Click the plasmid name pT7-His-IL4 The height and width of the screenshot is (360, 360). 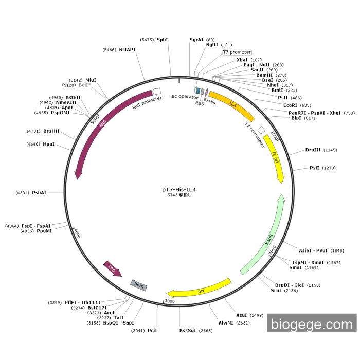178,189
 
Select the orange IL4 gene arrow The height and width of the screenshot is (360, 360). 232,105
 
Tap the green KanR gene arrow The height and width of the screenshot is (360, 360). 267,240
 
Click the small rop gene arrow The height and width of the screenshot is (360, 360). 112,268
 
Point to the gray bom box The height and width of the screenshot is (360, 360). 139,284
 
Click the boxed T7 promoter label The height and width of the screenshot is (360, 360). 237,52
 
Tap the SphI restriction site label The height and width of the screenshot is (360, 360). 162,39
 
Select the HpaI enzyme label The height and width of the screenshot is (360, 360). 48,144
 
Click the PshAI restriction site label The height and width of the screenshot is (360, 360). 39,193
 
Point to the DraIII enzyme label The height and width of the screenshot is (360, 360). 313,150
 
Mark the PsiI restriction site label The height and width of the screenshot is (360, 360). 314,168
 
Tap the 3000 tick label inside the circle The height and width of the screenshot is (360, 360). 169,301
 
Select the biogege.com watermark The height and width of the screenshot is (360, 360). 312,324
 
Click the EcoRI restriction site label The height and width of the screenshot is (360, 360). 291,105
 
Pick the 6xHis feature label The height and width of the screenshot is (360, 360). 209,102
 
